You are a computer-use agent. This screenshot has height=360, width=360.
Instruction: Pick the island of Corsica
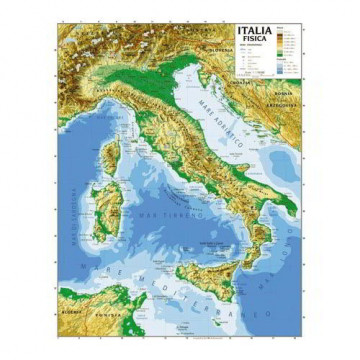112,155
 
